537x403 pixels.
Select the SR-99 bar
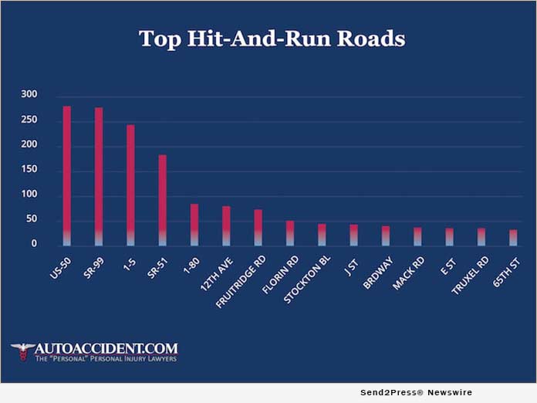pos(99,177)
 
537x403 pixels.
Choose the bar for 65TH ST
pos(513,238)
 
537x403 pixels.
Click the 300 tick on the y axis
pos(29,94)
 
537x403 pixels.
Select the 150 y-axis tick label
pos(29,169)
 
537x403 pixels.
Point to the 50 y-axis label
pos(32,219)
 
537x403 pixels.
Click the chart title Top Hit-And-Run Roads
pos(272,39)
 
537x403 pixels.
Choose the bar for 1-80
pos(194,225)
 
